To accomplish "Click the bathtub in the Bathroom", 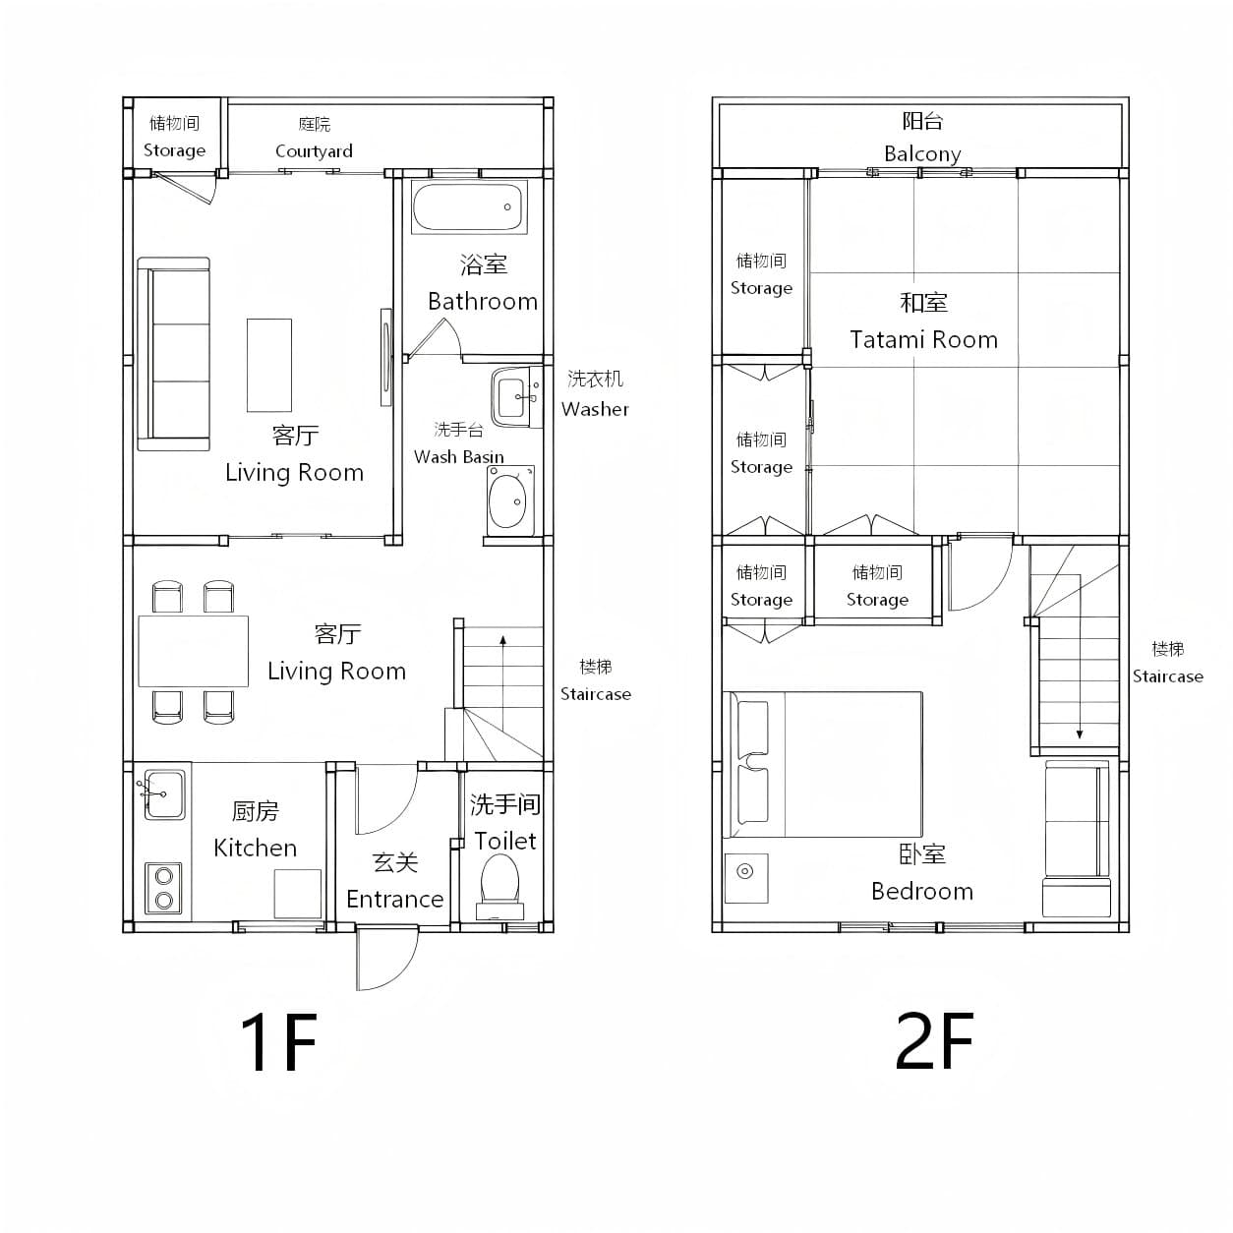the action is click(x=469, y=206).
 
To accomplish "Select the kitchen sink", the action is click(x=164, y=794).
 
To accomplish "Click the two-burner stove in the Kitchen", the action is click(x=163, y=888).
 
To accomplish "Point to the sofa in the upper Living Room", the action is click(x=173, y=354).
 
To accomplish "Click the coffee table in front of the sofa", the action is click(x=269, y=365).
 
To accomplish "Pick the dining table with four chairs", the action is click(x=194, y=651).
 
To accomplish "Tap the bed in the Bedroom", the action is click(x=823, y=764).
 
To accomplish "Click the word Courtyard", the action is click(x=314, y=151).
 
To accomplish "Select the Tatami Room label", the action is click(x=923, y=339).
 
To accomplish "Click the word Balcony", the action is click(x=922, y=153).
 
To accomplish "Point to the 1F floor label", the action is click(x=278, y=1042).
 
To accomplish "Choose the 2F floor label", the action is click(x=933, y=1040).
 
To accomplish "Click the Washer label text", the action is click(x=595, y=409).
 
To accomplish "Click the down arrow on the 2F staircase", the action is click(x=1080, y=657).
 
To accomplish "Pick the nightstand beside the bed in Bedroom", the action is click(x=746, y=878).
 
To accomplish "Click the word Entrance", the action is click(x=395, y=900).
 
